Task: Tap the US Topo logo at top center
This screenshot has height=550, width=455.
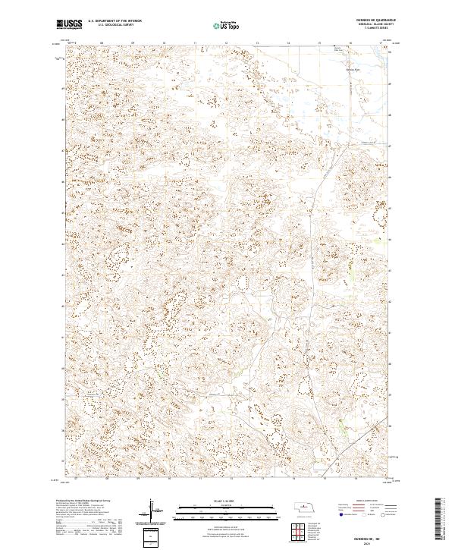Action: click(227, 26)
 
